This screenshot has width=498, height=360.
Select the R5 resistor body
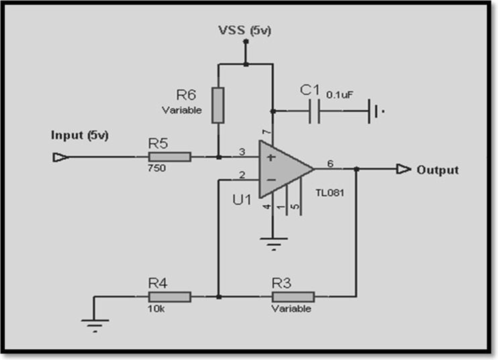(170, 157)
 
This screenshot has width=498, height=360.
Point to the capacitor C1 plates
(314, 111)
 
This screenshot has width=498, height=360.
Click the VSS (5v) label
(244, 31)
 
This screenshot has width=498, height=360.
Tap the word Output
(438, 170)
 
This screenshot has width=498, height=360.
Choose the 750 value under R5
(156, 169)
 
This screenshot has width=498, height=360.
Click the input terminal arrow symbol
(59, 157)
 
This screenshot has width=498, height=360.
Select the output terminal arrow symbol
(403, 169)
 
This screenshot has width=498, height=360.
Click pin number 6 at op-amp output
(330, 163)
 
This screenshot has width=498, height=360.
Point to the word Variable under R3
(291, 309)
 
